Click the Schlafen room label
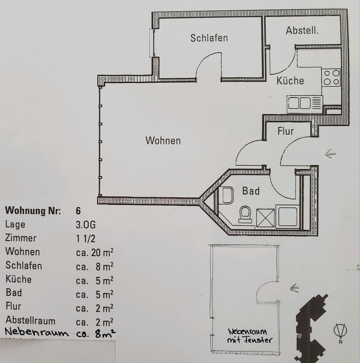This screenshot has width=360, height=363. [209, 38]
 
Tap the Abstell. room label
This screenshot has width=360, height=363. [302, 31]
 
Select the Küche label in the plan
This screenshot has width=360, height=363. [290, 81]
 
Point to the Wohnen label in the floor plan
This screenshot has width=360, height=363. [163, 141]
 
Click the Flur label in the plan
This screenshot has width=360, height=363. [285, 131]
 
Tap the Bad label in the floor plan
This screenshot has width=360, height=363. [251, 191]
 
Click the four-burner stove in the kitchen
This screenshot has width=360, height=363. [331, 77]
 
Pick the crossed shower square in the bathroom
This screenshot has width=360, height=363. [265, 218]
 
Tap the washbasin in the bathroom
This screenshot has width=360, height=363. [228, 195]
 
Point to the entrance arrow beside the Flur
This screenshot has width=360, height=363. [330, 154]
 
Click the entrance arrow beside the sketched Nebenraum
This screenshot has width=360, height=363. [294, 289]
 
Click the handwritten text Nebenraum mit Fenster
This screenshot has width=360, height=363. [249, 335]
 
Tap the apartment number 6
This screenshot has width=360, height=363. [78, 211]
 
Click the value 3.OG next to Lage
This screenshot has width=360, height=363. [86, 225]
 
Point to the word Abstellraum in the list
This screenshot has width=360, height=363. [30, 321]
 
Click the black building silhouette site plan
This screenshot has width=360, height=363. [310, 329]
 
